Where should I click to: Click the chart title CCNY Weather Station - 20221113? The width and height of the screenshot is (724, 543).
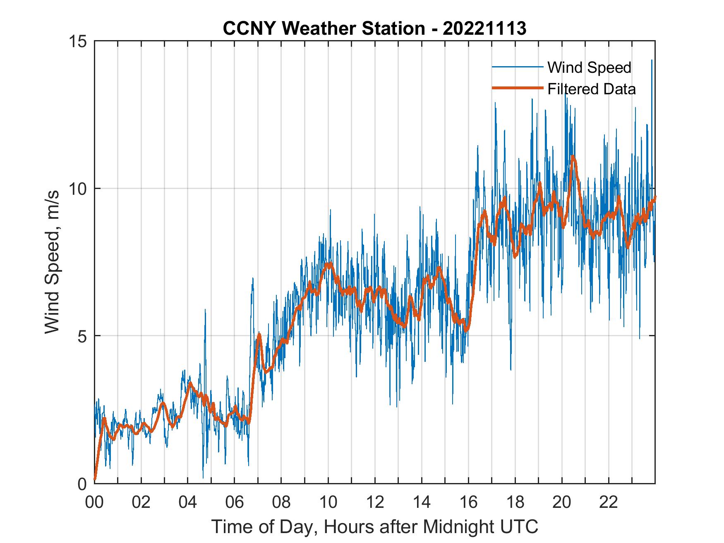pyautogui.click(x=374, y=29)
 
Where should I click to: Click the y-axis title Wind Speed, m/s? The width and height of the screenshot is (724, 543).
pyautogui.click(x=53, y=262)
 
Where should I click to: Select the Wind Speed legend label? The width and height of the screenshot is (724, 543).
pyautogui.click(x=589, y=67)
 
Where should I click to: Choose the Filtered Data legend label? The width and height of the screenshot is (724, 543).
pyautogui.click(x=591, y=89)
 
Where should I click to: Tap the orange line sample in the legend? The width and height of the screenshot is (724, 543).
pyautogui.click(x=517, y=88)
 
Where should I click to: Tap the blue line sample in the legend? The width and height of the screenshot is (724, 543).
pyautogui.click(x=517, y=67)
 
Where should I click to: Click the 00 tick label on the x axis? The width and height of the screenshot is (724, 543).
pyautogui.click(x=94, y=502)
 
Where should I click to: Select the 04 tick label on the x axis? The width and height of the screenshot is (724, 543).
pyautogui.click(x=188, y=502)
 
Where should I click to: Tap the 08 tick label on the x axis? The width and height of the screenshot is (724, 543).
pyautogui.click(x=281, y=502)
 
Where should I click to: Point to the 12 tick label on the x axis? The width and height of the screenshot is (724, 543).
pyautogui.click(x=375, y=502)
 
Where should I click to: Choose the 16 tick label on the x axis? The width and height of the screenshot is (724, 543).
pyautogui.click(x=468, y=502)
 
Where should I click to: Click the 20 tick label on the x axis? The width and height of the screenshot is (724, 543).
pyautogui.click(x=562, y=502)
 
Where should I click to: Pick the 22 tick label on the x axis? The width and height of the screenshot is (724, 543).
pyautogui.click(x=609, y=502)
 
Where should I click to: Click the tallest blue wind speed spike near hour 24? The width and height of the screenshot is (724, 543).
pyautogui.click(x=652, y=61)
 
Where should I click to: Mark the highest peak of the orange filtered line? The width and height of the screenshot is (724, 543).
pyautogui.click(x=573, y=156)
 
